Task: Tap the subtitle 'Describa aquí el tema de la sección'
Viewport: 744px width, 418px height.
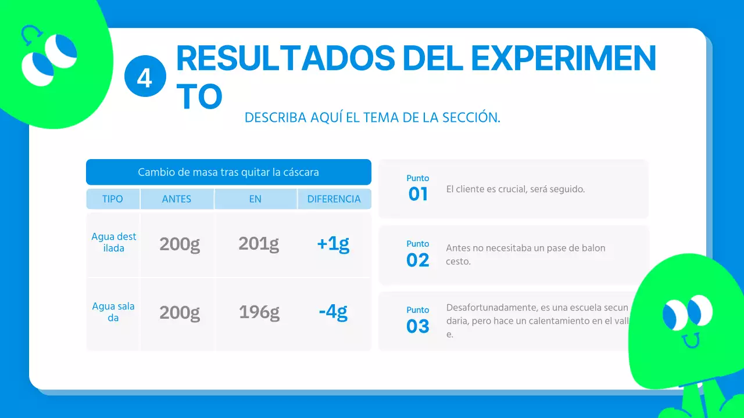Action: click(372, 117)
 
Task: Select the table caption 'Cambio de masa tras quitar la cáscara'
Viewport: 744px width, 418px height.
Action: click(228, 172)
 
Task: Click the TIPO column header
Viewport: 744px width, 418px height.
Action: click(113, 199)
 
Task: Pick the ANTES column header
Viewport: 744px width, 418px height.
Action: click(177, 199)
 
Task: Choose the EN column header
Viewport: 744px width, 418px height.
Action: click(255, 199)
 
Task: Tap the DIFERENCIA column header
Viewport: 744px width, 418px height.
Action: click(334, 199)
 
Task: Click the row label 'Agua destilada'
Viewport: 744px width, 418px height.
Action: click(114, 243)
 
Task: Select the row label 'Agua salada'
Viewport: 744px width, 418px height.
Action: click(113, 312)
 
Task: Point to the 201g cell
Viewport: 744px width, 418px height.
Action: click(259, 244)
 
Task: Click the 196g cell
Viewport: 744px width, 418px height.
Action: click(259, 313)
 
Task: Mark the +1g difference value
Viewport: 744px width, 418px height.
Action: click(333, 244)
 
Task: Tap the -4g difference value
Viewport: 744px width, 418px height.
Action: click(333, 313)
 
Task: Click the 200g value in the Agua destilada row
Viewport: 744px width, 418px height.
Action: click(180, 244)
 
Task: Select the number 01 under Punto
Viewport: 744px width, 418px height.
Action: click(418, 194)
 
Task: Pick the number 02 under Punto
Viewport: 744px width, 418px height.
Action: click(418, 261)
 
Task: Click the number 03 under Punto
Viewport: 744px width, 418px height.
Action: click(418, 327)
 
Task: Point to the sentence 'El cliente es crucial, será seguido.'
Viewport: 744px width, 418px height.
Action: click(515, 189)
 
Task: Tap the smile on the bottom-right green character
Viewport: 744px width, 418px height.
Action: click(691, 340)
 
